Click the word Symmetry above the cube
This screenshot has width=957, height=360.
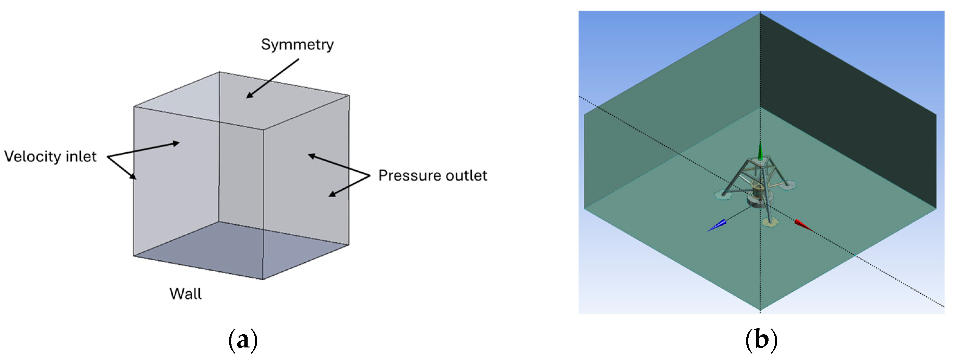[x=297, y=45]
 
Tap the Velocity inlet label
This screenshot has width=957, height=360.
[x=50, y=157]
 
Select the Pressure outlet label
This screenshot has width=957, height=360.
[x=433, y=175]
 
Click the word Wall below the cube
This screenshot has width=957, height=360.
[x=185, y=294]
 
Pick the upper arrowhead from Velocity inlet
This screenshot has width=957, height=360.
[x=175, y=143]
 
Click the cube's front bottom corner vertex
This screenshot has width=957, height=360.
[x=263, y=279]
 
